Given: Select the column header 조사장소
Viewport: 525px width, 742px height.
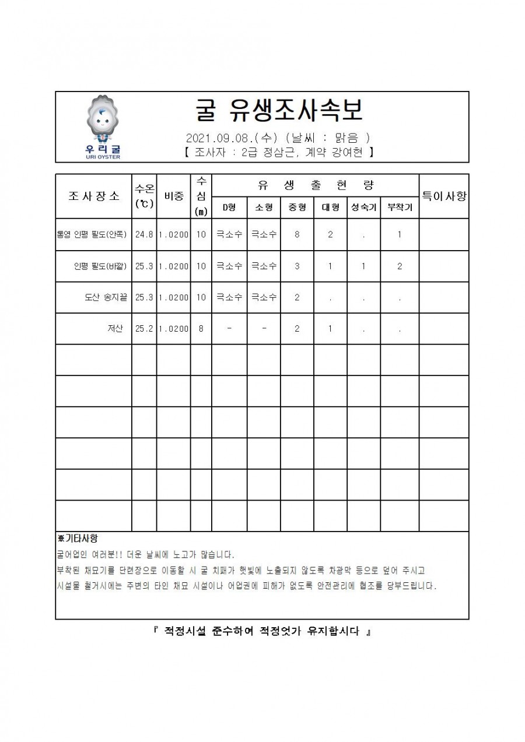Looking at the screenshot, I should tap(94, 196).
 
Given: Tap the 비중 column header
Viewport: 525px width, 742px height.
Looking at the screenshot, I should tap(173, 196).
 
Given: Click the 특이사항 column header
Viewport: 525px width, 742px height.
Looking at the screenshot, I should tap(443, 196).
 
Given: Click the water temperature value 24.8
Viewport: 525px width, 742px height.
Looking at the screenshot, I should tap(144, 235).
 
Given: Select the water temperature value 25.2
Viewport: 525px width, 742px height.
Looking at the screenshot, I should tap(144, 329).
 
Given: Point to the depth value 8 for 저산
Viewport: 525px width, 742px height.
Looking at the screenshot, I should tap(201, 329).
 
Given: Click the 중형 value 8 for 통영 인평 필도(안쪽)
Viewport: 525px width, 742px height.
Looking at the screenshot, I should tap(297, 235).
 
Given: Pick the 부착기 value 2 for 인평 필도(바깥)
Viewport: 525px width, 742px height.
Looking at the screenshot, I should tap(399, 266).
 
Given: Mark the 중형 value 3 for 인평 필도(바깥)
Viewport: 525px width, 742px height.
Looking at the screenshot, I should tap(297, 266).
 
